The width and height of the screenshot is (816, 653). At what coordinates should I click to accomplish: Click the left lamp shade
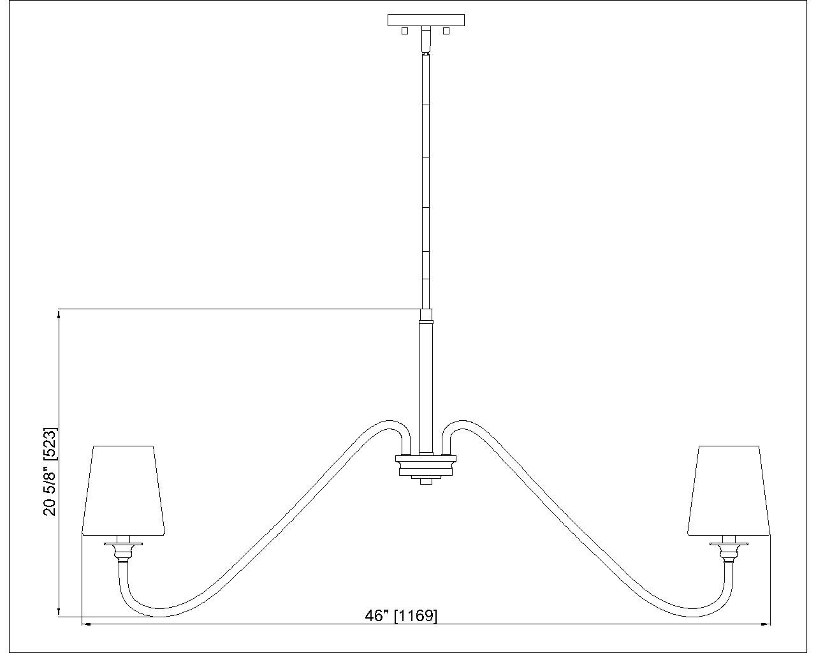click(x=124, y=490)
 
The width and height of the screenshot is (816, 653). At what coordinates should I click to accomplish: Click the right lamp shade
click(x=729, y=490)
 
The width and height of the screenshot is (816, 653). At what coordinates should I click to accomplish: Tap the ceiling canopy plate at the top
click(x=426, y=20)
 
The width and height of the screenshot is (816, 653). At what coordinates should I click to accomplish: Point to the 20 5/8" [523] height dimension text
click(x=50, y=472)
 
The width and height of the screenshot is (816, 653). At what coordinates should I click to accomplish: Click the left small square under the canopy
click(x=405, y=31)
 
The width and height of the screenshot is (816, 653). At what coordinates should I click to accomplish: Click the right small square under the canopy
click(x=446, y=31)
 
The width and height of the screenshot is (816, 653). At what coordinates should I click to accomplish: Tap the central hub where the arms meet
click(x=426, y=466)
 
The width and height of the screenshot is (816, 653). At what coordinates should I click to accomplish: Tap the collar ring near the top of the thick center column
click(x=426, y=322)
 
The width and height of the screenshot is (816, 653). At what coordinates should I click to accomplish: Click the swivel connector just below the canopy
click(x=426, y=40)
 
